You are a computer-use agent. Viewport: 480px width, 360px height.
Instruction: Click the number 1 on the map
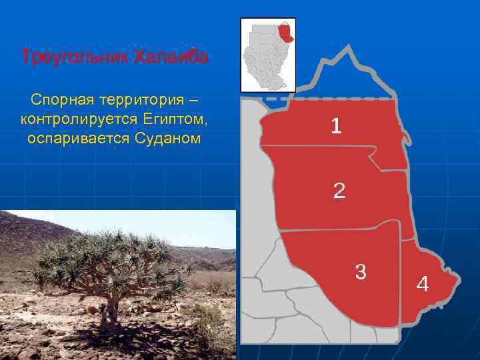[337, 125]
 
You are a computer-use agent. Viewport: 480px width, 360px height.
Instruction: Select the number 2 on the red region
[339, 191]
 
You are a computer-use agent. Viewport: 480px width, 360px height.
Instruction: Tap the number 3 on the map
[361, 271]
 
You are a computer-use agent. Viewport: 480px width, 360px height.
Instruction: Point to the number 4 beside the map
[423, 284]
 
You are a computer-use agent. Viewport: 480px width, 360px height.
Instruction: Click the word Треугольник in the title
[75, 57]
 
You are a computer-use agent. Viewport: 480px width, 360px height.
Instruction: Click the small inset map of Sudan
[267, 55]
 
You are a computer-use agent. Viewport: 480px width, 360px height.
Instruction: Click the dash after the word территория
[193, 101]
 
